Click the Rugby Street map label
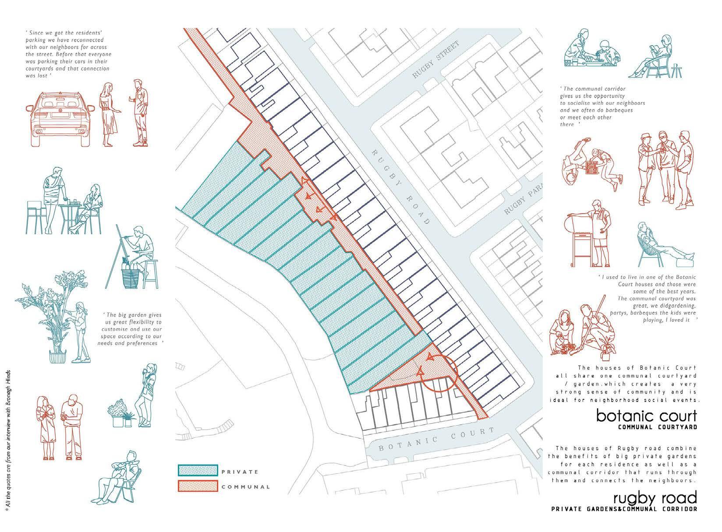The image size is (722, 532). click(x=435, y=60)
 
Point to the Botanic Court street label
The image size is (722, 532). click(x=432, y=440)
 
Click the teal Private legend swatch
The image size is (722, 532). click(x=198, y=470)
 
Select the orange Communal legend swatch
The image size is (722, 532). click(x=198, y=486)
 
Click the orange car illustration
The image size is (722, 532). click(x=60, y=119)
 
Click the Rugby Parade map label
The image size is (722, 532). click(x=523, y=198)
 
